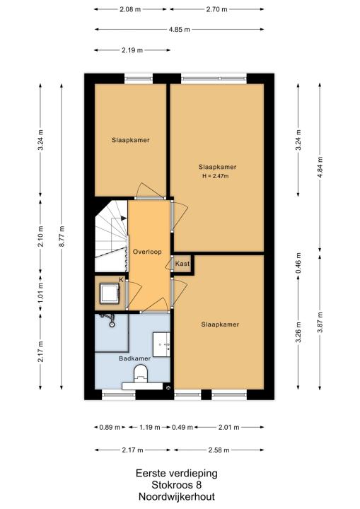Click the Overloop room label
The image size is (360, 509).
[x=147, y=252]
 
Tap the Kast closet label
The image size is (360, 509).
[x=182, y=264]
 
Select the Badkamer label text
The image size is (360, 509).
[x=134, y=358]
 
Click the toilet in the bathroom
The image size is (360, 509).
[x=141, y=373]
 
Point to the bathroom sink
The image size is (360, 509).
[x=161, y=344]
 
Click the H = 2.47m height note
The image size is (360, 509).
[x=216, y=176]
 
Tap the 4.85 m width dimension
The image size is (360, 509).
[x=180, y=30]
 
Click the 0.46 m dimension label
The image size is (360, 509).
[x=298, y=263]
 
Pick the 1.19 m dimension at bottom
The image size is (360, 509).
[x=149, y=427]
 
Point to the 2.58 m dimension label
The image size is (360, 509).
[x=219, y=450]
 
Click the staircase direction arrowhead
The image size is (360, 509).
[x=124, y=218]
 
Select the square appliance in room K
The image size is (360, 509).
[x=109, y=293]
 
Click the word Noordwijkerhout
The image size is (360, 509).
[x=177, y=497]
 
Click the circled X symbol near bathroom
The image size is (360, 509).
[x=168, y=387]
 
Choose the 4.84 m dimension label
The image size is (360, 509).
[x=320, y=167]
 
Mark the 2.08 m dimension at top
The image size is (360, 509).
[x=130, y=9]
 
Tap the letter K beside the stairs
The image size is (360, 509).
[x=121, y=279]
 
